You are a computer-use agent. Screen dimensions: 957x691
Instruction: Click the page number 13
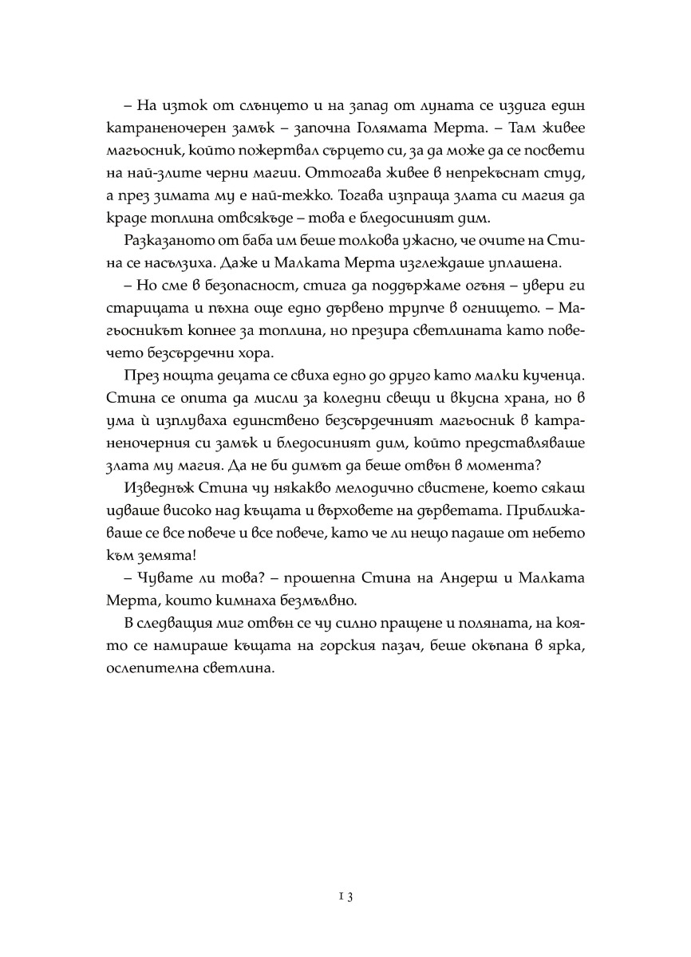tap(345, 896)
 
